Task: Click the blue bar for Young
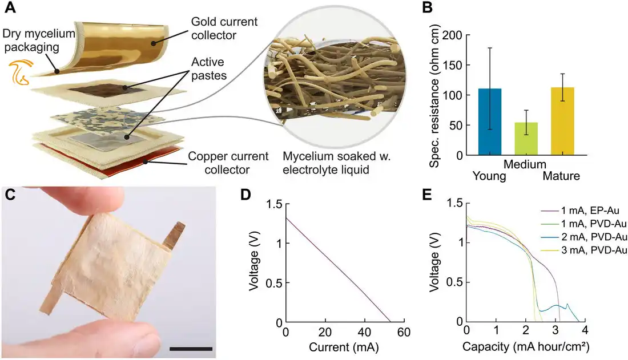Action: point(490,122)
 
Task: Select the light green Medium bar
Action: point(526,139)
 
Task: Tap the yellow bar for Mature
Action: point(562,121)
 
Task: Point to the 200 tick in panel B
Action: point(456,35)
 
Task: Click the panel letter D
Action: point(245,195)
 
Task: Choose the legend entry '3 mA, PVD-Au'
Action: point(583,251)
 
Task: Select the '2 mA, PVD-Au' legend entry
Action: point(583,238)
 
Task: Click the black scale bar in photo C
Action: point(191,349)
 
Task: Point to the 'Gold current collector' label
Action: point(224,28)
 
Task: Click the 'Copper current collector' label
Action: point(228,163)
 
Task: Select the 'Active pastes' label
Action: point(208,68)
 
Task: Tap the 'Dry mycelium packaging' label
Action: point(38,40)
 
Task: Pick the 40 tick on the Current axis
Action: point(364,333)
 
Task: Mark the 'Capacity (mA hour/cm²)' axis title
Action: point(526,346)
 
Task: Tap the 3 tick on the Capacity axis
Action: point(555,331)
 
